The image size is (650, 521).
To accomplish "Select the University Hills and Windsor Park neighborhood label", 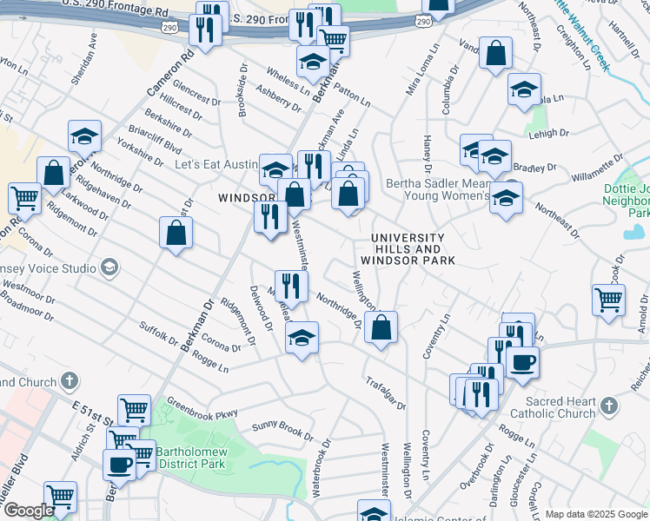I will [x=408, y=249].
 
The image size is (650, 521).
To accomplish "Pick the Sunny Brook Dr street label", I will [x=282, y=430].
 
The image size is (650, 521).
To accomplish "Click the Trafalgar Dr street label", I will [x=385, y=392].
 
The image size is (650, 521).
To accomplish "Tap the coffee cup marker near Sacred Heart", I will [x=522, y=362].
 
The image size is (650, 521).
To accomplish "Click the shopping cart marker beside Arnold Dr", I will [x=608, y=300].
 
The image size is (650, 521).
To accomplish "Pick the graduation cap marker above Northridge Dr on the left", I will [x=84, y=136].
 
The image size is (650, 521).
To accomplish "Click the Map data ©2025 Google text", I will [x=596, y=514].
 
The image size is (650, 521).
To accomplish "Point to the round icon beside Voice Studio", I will [x=109, y=267].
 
